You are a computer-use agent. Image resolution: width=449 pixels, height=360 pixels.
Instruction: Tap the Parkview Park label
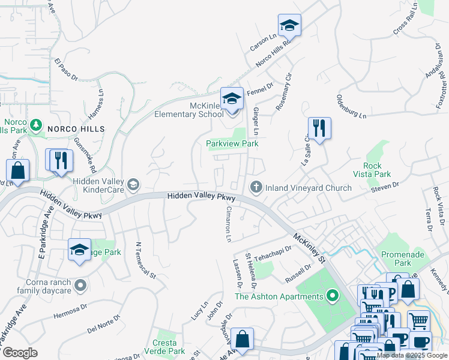pyautogui.click(x=232, y=144)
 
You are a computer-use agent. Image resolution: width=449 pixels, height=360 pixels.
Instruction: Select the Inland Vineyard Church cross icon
pyautogui.click(x=256, y=188)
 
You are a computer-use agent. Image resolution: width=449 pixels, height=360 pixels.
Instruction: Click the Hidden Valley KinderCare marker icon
pyautogui.click(x=133, y=184)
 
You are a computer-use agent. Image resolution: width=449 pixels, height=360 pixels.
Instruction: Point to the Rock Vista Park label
pyautogui.click(x=378, y=170)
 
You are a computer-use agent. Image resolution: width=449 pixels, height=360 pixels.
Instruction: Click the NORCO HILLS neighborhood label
pyautogui.click(x=76, y=129)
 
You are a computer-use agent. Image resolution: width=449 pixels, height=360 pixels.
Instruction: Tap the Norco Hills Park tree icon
pyautogui.click(x=36, y=125)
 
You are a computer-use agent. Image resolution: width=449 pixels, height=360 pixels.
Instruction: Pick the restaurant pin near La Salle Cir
pyautogui.click(x=319, y=128)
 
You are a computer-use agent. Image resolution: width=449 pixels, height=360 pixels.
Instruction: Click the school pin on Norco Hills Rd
pyautogui.click(x=289, y=26)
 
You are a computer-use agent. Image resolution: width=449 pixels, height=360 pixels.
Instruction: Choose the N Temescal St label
pyautogui.click(x=146, y=260)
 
